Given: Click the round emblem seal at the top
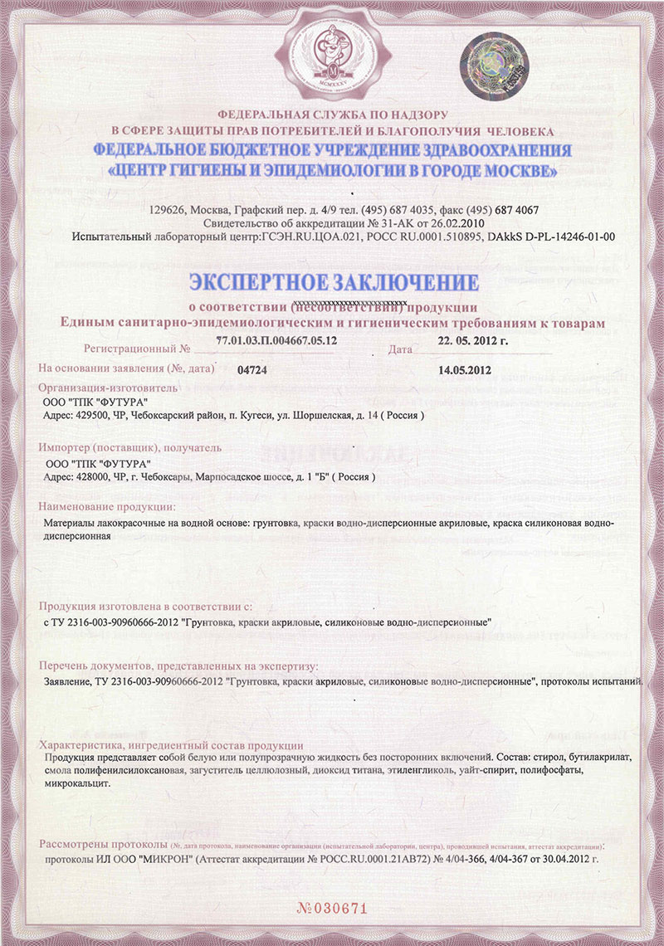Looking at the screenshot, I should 331,51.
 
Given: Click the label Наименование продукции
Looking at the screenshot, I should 107,506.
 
